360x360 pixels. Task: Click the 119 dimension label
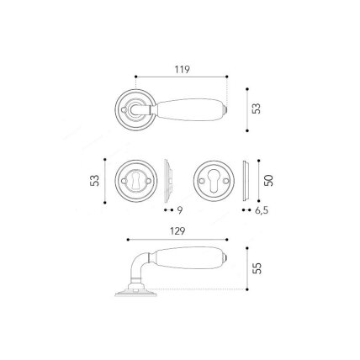pyautogui.click(x=183, y=69)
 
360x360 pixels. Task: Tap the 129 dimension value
pyautogui.click(x=177, y=231)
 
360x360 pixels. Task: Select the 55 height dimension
pyautogui.click(x=257, y=268)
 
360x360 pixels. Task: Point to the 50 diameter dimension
pyautogui.click(x=268, y=180)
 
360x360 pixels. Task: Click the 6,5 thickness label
pyautogui.click(x=262, y=210)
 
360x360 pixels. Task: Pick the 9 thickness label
pyautogui.click(x=180, y=210)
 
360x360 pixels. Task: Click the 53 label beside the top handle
pyautogui.click(x=257, y=109)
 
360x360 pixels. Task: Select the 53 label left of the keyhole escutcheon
pyautogui.click(x=95, y=181)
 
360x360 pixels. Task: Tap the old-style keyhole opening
pyautogui.click(x=136, y=181)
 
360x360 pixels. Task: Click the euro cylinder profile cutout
pyautogui.click(x=214, y=181)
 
